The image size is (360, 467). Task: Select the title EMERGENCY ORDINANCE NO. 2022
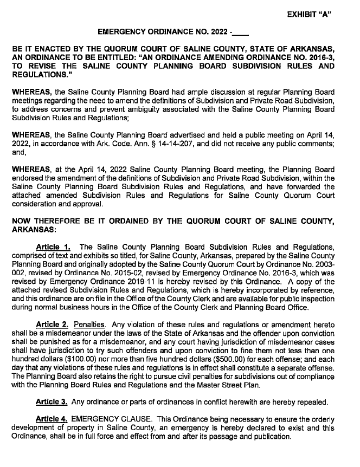pyautogui.click(x=162, y=32)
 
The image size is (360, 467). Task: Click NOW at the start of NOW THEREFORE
pyautogui.click(x=22, y=221)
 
